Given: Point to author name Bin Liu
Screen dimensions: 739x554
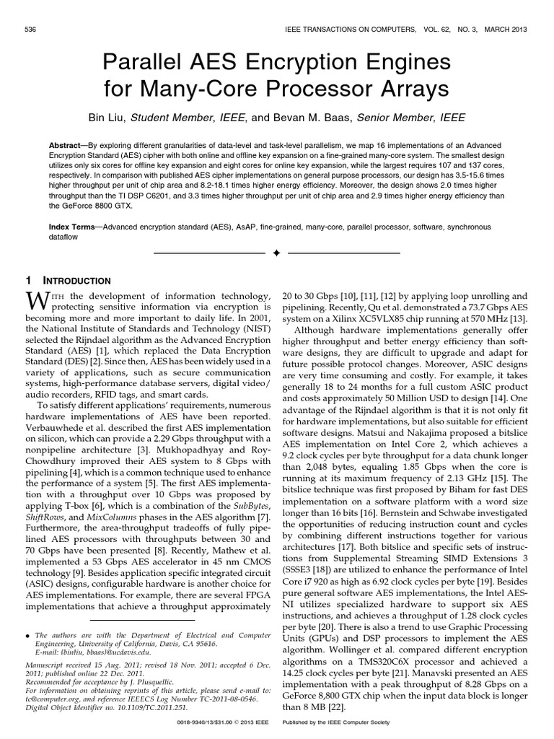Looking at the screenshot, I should (107, 118).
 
